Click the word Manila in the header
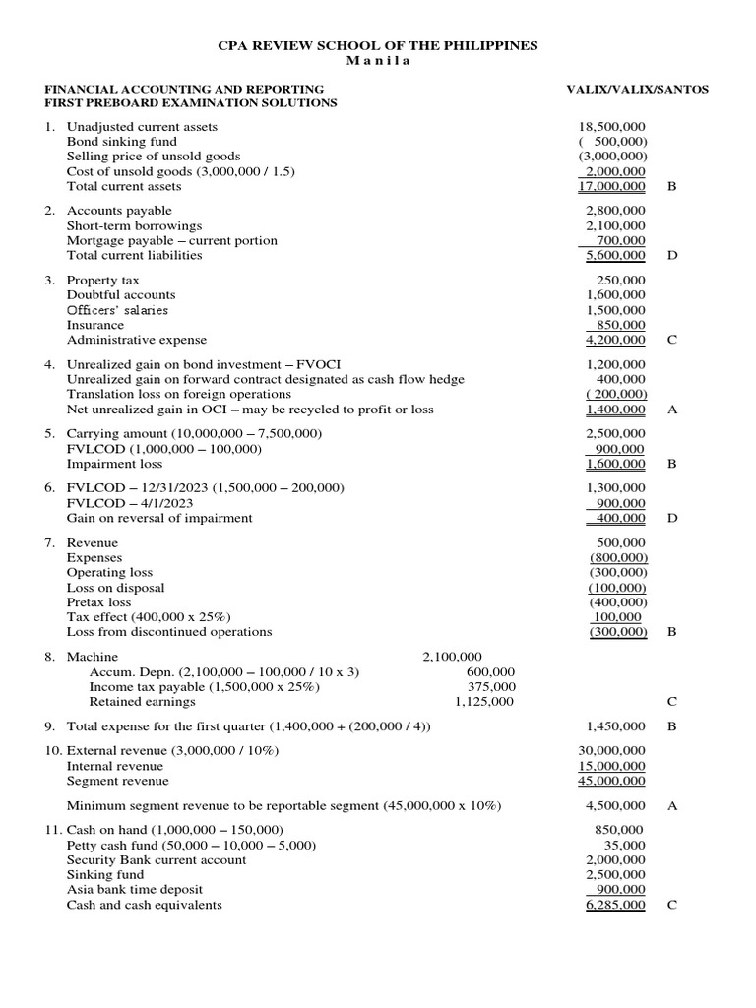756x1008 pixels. [x=377, y=61]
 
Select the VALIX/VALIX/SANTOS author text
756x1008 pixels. [x=637, y=89]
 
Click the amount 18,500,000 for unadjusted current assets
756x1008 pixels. [x=615, y=127]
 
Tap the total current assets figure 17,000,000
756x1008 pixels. [x=615, y=186]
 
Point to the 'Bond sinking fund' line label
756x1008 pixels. [x=122, y=142]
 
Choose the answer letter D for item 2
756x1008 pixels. [x=672, y=256]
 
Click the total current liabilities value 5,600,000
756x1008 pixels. [x=615, y=256]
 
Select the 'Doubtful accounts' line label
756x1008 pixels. [x=121, y=295]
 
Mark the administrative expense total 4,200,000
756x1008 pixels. [x=615, y=341]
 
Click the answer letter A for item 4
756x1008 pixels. [x=672, y=409]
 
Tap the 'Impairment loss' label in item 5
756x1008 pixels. [x=114, y=464]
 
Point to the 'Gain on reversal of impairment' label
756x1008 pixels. [x=159, y=518]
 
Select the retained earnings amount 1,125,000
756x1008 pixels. [x=484, y=702]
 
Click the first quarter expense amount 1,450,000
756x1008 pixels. [x=615, y=726]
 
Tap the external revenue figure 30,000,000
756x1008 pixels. [x=615, y=751]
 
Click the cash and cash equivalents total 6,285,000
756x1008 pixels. [x=615, y=906]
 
